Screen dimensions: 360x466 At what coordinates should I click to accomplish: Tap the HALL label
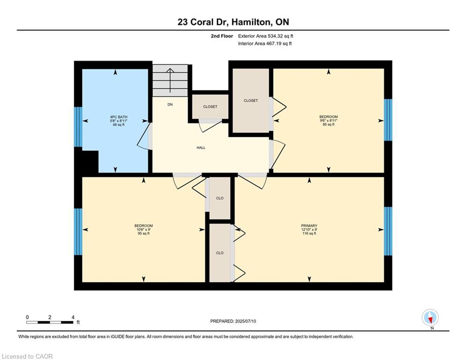click(x=200, y=148)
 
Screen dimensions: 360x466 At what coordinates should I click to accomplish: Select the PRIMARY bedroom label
click(x=309, y=226)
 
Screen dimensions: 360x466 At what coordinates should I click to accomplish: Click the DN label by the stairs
click(x=170, y=105)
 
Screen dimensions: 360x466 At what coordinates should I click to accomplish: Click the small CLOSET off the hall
click(x=210, y=106)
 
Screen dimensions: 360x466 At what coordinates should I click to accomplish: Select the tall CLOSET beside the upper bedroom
click(x=251, y=100)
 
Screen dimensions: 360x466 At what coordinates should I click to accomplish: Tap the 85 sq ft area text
click(x=328, y=125)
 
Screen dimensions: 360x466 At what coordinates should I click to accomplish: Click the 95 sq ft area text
click(x=143, y=233)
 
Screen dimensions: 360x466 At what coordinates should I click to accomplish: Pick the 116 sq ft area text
click(x=309, y=233)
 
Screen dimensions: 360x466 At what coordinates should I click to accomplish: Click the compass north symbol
click(x=429, y=317)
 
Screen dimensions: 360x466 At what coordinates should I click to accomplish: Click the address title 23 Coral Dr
click(x=233, y=22)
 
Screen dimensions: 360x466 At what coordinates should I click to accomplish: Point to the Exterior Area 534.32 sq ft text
click(x=266, y=36)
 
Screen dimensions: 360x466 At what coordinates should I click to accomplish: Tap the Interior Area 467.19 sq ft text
click(x=266, y=44)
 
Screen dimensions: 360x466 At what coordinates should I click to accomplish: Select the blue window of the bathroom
click(x=78, y=121)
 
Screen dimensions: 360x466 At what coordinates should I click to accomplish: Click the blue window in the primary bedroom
click(x=388, y=231)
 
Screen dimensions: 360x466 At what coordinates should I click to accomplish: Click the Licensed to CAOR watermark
click(x=28, y=356)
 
